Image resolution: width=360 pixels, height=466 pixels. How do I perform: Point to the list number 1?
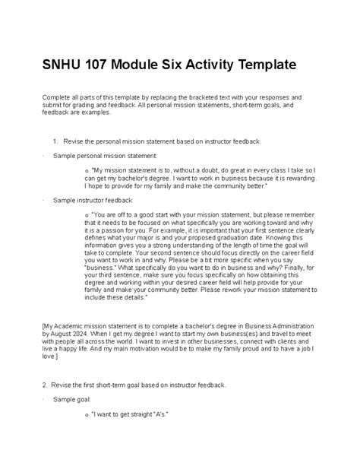coord(55,141)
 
